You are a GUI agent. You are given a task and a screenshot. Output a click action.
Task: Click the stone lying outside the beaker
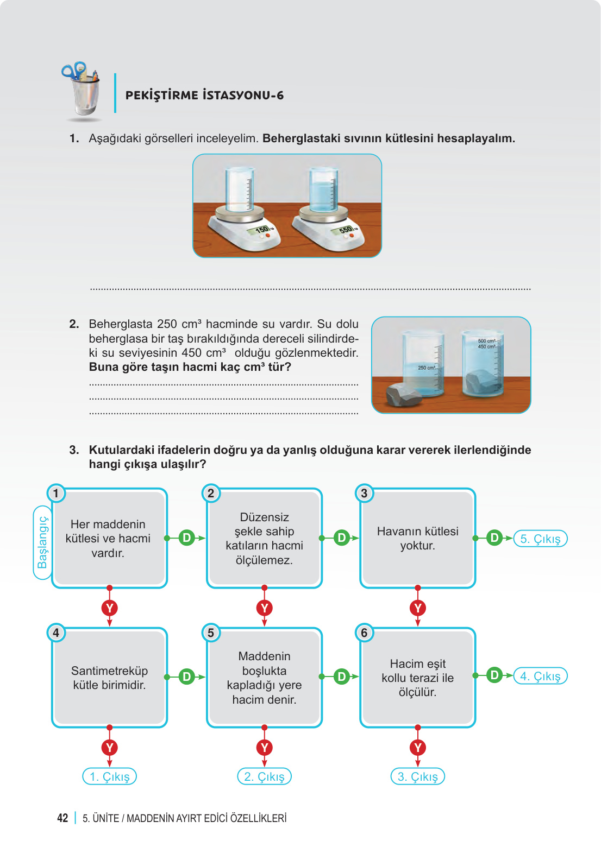404,394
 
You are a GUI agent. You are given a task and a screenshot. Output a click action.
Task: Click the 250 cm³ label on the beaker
426,368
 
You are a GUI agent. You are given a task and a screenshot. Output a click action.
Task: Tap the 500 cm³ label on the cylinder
486,340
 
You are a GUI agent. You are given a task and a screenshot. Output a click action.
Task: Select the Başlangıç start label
42,542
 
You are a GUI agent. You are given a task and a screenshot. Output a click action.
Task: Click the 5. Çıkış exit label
540,539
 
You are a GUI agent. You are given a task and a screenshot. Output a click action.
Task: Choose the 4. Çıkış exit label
540,676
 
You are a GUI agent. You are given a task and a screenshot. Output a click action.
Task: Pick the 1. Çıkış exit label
109,776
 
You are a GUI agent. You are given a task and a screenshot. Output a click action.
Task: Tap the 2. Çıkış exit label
264,776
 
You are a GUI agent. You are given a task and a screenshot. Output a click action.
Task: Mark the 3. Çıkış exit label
417,776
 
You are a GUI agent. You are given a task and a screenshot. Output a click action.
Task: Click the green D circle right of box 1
186,538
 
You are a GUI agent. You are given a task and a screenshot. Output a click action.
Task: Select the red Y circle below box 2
264,608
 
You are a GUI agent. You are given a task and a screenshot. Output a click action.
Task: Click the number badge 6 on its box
364,633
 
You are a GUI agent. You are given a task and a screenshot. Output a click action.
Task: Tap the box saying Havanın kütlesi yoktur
417,538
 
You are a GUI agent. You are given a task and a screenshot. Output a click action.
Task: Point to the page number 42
62,818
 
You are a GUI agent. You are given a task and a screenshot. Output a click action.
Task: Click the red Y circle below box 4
109,748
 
